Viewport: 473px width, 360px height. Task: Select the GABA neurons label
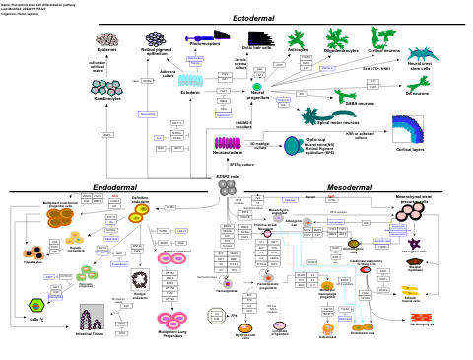(360, 103)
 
